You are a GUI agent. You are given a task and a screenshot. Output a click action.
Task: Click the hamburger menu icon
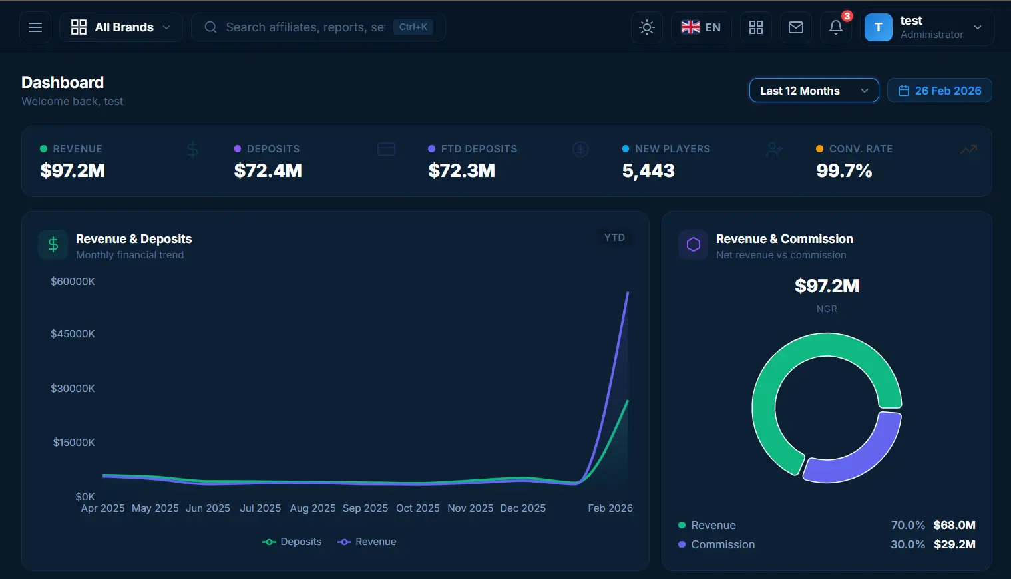pos(35,27)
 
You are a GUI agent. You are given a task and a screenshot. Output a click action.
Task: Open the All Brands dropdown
pos(121,27)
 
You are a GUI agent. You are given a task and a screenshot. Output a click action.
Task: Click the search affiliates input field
pos(305,27)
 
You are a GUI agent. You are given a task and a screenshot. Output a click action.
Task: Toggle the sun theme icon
pos(646,27)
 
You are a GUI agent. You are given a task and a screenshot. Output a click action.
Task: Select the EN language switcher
pos(701,27)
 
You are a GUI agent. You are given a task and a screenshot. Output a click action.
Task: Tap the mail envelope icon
pos(795,27)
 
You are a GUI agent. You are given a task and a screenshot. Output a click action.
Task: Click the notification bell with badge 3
pos(836,27)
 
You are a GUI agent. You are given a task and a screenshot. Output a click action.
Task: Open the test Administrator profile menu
pos(927,27)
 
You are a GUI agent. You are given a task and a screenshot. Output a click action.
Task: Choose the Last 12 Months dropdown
pos(813,91)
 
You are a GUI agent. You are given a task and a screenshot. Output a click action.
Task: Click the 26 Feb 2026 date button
pos(939,91)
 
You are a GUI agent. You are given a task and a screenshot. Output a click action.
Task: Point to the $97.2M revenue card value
pos(73,171)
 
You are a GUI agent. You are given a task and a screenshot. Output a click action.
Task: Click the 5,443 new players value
pos(648,171)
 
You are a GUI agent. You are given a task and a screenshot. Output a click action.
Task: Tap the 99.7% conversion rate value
pos(844,171)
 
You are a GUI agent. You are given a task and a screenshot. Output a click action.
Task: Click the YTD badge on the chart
pos(614,238)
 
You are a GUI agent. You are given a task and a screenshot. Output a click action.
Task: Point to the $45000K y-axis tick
pos(73,334)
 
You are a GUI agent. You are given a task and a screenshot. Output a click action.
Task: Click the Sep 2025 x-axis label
pos(365,508)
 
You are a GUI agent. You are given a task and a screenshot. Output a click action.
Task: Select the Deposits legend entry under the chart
pos(292,542)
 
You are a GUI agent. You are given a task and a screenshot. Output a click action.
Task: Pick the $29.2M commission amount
pos(954,544)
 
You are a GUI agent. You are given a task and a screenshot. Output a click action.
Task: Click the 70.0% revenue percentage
pos(908,525)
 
